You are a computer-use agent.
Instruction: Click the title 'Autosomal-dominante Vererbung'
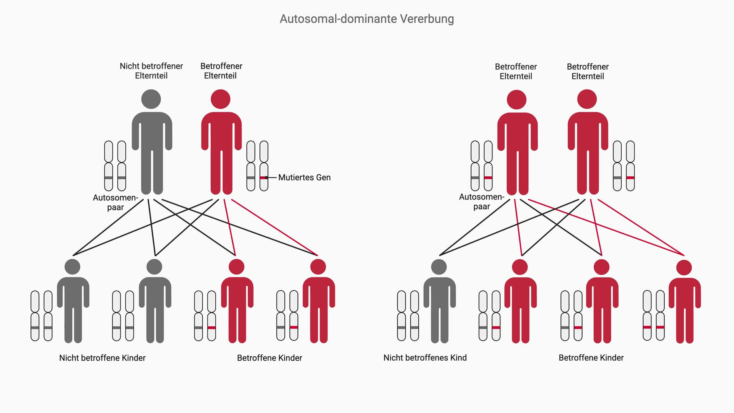(x=367, y=19)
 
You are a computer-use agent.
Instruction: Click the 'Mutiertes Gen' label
(x=304, y=177)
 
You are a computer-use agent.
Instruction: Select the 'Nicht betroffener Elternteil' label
(x=151, y=71)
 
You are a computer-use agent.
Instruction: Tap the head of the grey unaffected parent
(x=151, y=99)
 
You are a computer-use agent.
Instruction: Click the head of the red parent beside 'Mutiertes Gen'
(x=221, y=99)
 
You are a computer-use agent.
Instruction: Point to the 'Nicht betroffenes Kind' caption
(x=425, y=358)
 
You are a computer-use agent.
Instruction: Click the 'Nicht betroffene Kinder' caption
(x=102, y=358)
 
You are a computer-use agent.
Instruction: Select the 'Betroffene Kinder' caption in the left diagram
(x=270, y=358)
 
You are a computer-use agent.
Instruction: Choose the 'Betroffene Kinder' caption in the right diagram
(x=591, y=358)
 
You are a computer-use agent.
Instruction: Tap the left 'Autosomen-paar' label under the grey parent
(x=115, y=202)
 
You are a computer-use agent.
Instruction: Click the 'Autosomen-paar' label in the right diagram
(x=481, y=202)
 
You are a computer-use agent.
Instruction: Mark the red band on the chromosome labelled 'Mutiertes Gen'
(x=263, y=178)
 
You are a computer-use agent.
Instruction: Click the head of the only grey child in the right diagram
(x=439, y=267)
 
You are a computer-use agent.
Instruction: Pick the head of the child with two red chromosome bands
(x=684, y=267)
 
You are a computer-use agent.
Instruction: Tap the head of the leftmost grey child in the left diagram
(x=72, y=267)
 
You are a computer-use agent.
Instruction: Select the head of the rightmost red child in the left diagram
(x=318, y=267)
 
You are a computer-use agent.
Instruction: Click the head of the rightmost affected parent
(x=587, y=99)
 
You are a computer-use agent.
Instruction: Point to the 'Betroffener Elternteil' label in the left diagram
(x=221, y=71)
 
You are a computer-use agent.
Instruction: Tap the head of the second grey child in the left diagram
(x=154, y=267)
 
